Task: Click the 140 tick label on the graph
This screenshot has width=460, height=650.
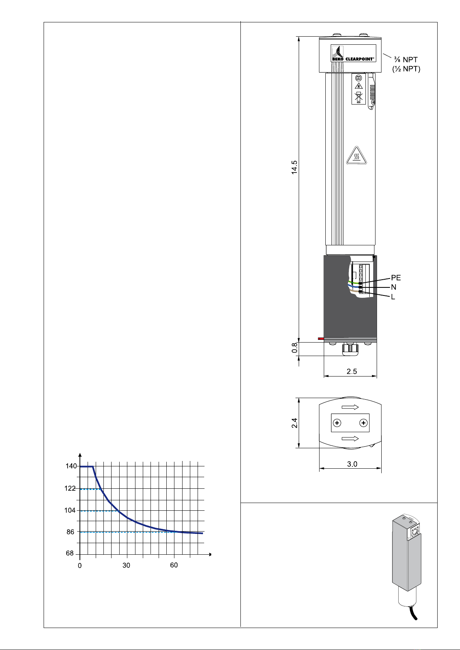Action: pyautogui.click(x=71, y=466)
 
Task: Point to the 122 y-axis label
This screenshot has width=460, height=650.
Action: pyautogui.click(x=70, y=488)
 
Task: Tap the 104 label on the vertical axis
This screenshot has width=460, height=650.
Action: pyautogui.click(x=70, y=510)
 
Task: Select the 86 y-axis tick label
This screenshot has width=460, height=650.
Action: pyautogui.click(x=71, y=532)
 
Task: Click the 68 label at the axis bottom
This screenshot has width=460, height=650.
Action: pyautogui.click(x=70, y=554)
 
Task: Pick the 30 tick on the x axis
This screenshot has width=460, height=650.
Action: pyautogui.click(x=126, y=565)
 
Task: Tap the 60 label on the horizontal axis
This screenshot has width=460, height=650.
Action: pyautogui.click(x=174, y=565)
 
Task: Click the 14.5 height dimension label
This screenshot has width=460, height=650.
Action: pyautogui.click(x=294, y=167)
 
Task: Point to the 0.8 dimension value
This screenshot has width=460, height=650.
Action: pyautogui.click(x=294, y=348)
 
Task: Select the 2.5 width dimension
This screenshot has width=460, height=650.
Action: pyautogui.click(x=352, y=371)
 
